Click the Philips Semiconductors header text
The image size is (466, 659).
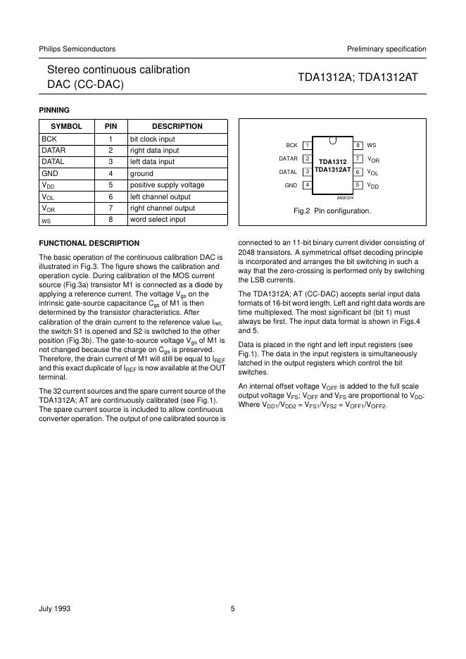pyautogui.click(x=77, y=49)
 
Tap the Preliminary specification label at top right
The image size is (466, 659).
pyautogui.click(x=386, y=49)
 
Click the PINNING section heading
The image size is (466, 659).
pyautogui.click(x=53, y=109)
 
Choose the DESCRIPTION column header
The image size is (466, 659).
pyautogui.click(x=177, y=127)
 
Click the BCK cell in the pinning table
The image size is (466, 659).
pyautogui.click(x=49, y=139)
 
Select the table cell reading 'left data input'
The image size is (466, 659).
pyautogui.click(x=153, y=162)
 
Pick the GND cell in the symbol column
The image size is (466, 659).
pyautogui.click(x=50, y=173)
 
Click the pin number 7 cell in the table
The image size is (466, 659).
pyautogui.click(x=111, y=208)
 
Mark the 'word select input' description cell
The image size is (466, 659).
pyautogui.click(x=158, y=220)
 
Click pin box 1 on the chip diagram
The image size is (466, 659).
pyautogui.click(x=308, y=145)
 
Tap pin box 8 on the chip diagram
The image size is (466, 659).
pyautogui.click(x=358, y=145)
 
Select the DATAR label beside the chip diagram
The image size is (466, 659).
pyautogui.click(x=289, y=158)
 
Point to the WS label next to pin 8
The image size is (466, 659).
pyautogui.click(x=372, y=145)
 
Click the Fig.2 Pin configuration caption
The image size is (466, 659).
pyautogui.click(x=332, y=211)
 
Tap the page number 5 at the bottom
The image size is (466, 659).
pyautogui.click(x=232, y=610)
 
